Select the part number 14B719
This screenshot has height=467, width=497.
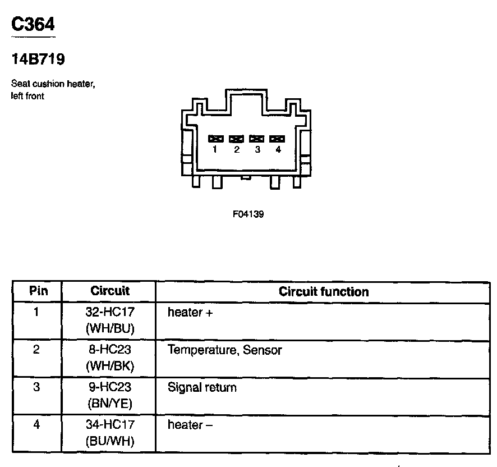[x=38, y=59]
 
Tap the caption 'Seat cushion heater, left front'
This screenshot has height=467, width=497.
[x=53, y=90]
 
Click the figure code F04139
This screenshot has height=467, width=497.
[x=248, y=214]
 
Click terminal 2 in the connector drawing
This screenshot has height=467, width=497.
[x=236, y=138]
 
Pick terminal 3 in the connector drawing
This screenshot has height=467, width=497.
[x=257, y=138]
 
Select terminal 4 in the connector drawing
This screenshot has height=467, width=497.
[x=277, y=138]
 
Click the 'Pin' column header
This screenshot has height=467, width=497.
[x=38, y=291]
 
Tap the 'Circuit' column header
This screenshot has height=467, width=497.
[x=110, y=291]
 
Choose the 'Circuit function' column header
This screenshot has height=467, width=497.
[x=324, y=292]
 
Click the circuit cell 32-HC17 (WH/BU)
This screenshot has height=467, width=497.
[x=110, y=320]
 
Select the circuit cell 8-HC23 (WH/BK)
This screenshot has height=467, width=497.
[x=110, y=358]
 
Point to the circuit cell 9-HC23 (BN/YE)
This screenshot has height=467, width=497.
[x=110, y=395]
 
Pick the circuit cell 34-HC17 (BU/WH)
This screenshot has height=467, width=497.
[x=110, y=433]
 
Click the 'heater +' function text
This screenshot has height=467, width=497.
[x=190, y=313]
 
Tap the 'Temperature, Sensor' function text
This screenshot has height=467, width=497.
[x=224, y=350]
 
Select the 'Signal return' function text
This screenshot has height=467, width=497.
[x=202, y=388]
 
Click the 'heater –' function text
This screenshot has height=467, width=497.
[x=190, y=425]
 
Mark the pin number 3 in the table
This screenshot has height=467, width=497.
[x=36, y=387]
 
